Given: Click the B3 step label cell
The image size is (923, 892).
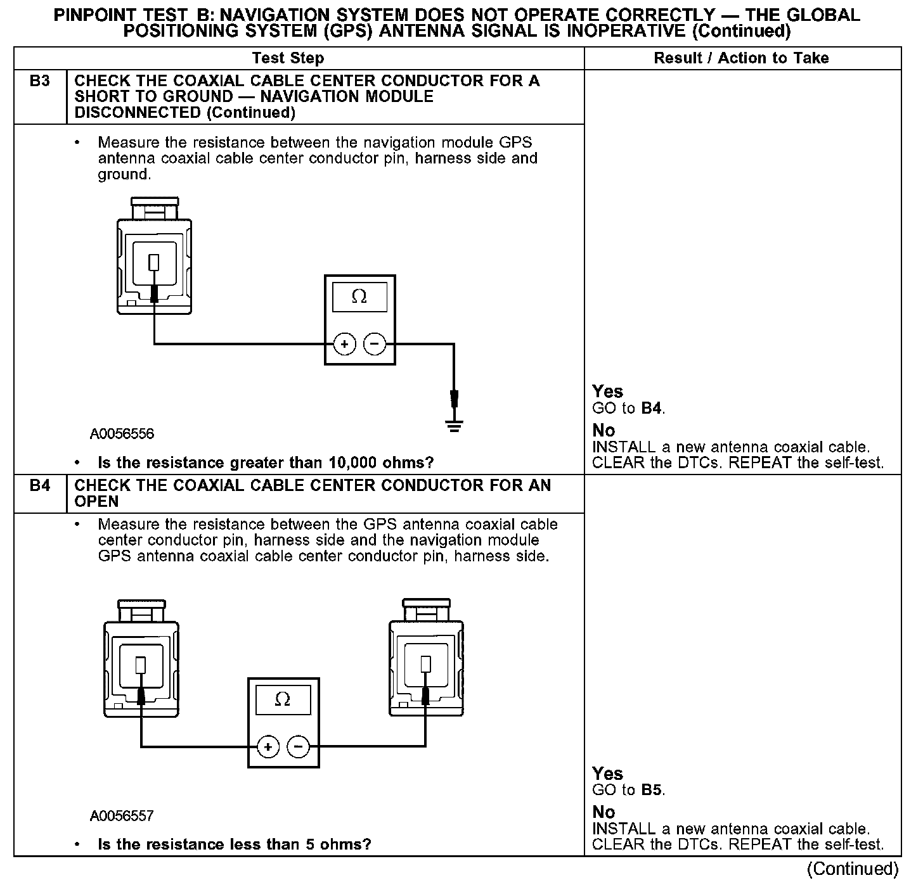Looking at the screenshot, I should click(x=40, y=81).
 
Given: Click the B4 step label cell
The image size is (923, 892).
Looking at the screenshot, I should click(x=40, y=486).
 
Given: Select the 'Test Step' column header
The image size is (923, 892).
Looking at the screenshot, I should click(x=288, y=58).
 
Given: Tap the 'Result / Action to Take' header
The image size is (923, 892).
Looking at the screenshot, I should click(x=741, y=58).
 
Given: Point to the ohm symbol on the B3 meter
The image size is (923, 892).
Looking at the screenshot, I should click(x=359, y=296).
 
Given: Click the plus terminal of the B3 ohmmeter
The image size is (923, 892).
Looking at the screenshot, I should click(x=344, y=344).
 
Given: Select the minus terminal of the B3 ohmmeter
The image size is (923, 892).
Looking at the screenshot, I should click(x=375, y=344).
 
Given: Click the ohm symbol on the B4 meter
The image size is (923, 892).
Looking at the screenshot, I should click(x=283, y=699).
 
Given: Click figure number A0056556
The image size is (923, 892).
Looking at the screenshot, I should click(x=122, y=434).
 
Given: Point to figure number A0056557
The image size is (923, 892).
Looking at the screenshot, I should click(x=122, y=816).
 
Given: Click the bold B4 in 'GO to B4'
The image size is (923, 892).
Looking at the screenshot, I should click(x=652, y=409).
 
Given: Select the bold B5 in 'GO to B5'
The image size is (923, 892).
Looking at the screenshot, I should click(x=652, y=791).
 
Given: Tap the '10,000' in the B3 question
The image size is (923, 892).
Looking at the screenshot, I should click(x=352, y=463).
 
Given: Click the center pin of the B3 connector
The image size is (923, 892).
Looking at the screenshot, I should click(x=154, y=262).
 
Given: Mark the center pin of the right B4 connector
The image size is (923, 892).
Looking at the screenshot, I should click(x=426, y=665).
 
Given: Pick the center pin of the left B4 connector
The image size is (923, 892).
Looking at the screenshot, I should click(x=141, y=665).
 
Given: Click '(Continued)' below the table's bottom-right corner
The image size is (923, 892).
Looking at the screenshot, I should click(x=853, y=870).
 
